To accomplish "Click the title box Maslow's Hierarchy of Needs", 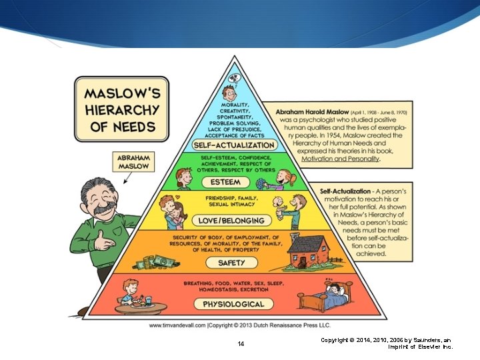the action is point(123,109).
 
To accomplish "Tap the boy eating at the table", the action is point(131,293).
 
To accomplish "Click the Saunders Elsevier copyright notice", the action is point(386,343).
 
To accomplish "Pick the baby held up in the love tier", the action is point(281,203).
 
